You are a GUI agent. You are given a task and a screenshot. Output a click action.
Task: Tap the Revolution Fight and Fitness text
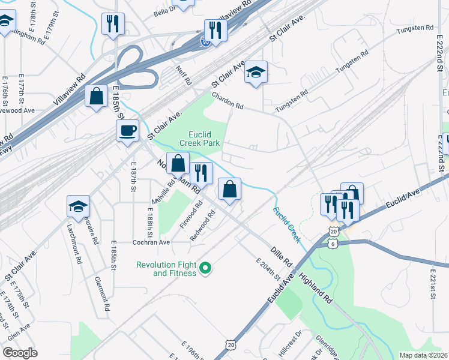tap(166, 269)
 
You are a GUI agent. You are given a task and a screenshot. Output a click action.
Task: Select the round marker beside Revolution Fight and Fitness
tap(205, 268)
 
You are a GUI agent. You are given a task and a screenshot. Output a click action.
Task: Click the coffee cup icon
tap(127, 130)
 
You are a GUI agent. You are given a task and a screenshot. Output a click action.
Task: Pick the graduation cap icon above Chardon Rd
tap(256, 73)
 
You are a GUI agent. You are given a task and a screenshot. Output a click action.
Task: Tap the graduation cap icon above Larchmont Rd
tap(79, 206)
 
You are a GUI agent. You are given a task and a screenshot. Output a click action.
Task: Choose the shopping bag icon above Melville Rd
tap(178, 163)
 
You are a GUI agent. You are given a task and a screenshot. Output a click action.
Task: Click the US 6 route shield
tap(333, 244)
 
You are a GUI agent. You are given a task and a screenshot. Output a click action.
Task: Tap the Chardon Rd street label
tap(228, 101)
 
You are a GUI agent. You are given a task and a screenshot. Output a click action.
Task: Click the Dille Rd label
tap(280, 255)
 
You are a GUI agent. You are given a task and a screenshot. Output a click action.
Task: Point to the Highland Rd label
tap(316, 288)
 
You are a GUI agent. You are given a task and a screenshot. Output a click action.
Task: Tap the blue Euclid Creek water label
tap(287, 224)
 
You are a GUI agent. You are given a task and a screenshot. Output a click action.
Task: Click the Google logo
tap(20, 353)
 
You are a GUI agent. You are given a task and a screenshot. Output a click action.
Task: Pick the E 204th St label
tap(267, 269)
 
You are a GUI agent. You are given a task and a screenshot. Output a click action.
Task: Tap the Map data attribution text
tap(423, 355)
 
